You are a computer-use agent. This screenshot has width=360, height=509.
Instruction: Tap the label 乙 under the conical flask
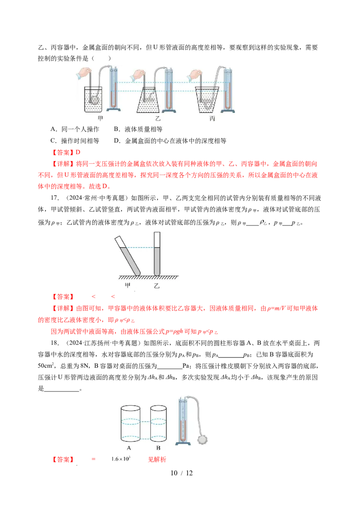(157, 119)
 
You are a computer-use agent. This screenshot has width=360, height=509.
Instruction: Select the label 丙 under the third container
(212, 119)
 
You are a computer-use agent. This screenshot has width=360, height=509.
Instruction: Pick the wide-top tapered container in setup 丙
(207, 100)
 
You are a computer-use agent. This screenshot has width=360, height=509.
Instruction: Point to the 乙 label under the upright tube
(157, 286)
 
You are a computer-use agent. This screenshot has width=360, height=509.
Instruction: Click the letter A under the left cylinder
(129, 448)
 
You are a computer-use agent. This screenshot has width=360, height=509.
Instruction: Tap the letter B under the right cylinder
(158, 448)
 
